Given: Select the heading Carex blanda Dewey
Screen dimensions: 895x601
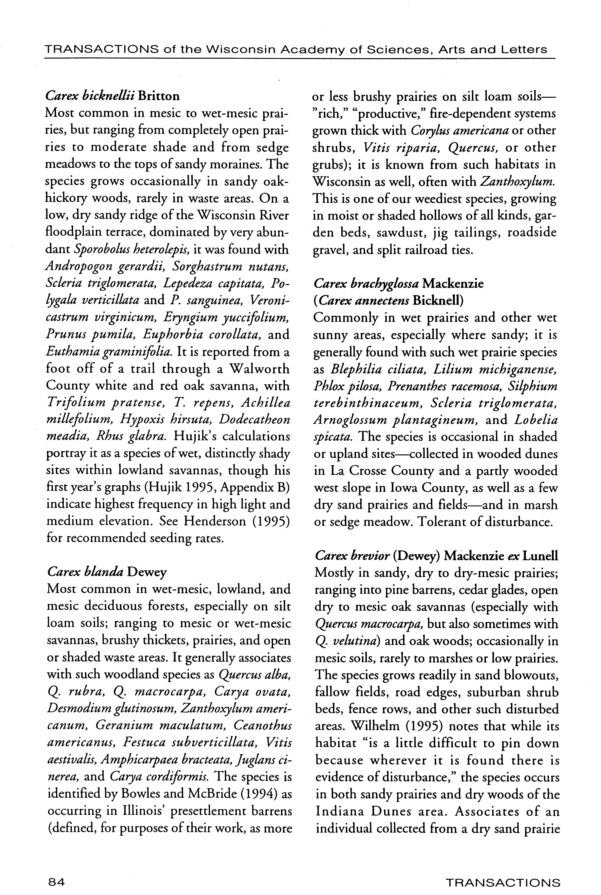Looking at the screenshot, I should pyautogui.click(x=107, y=573).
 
